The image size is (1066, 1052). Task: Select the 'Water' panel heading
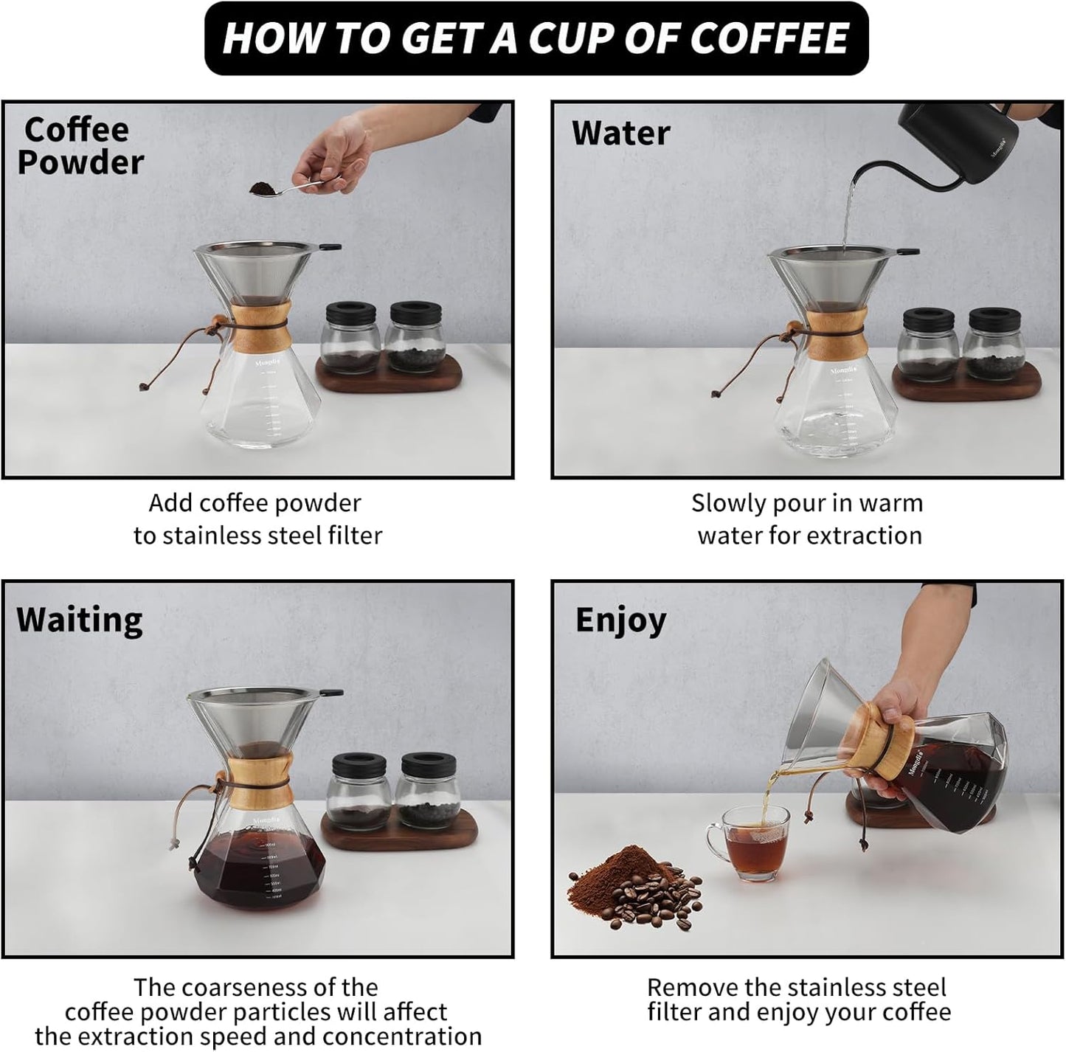pos(620,134)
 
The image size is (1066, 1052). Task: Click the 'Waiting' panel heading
pos(80,620)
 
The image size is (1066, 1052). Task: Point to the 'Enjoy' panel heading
pos(620,620)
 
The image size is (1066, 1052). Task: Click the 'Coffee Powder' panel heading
pos(79,146)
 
